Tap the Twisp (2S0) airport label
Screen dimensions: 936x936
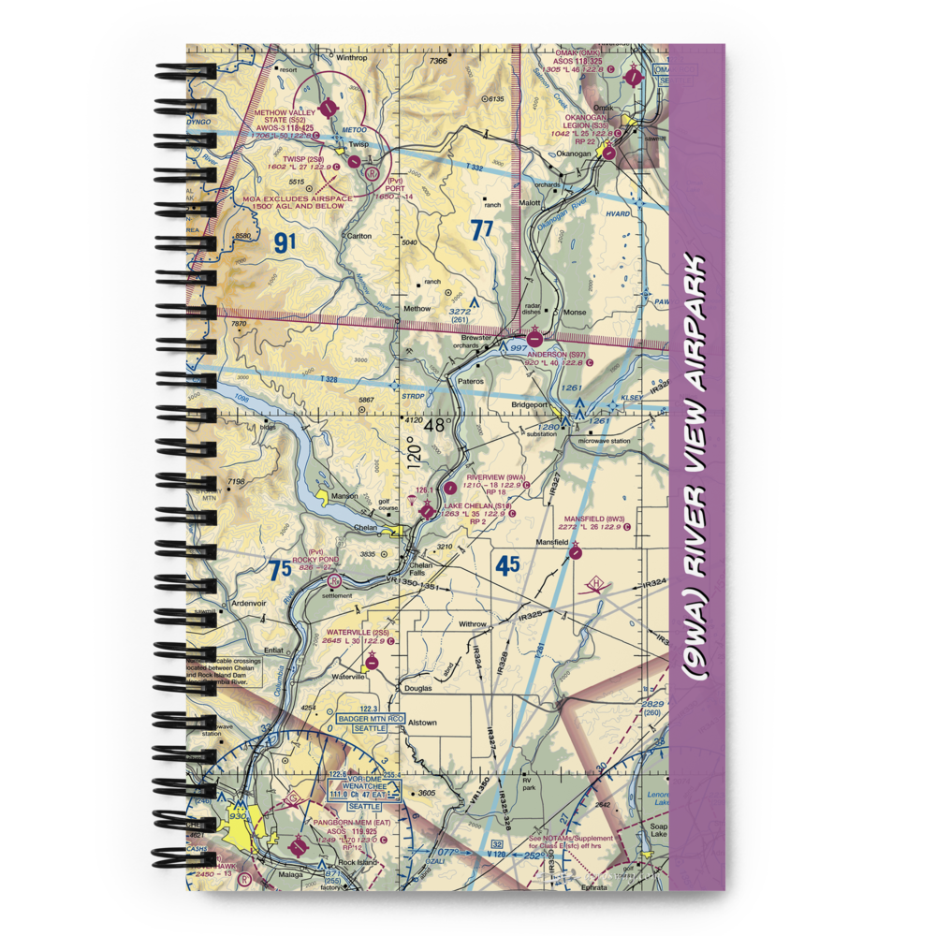pos(297,159)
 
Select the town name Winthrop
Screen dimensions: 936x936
pos(350,56)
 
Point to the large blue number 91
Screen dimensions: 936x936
pos(285,242)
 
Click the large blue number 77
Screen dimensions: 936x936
pos(482,230)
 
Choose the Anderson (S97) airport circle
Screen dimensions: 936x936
pos(534,338)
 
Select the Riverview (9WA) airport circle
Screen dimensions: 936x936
pos(451,487)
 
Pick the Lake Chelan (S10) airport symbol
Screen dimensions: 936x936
pos(428,511)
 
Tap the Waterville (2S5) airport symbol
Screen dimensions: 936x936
pos(373,663)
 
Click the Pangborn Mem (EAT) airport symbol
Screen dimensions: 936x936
pos(299,848)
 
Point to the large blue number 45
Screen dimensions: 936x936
pos(508,566)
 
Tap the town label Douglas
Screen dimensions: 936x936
pos(417,688)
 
